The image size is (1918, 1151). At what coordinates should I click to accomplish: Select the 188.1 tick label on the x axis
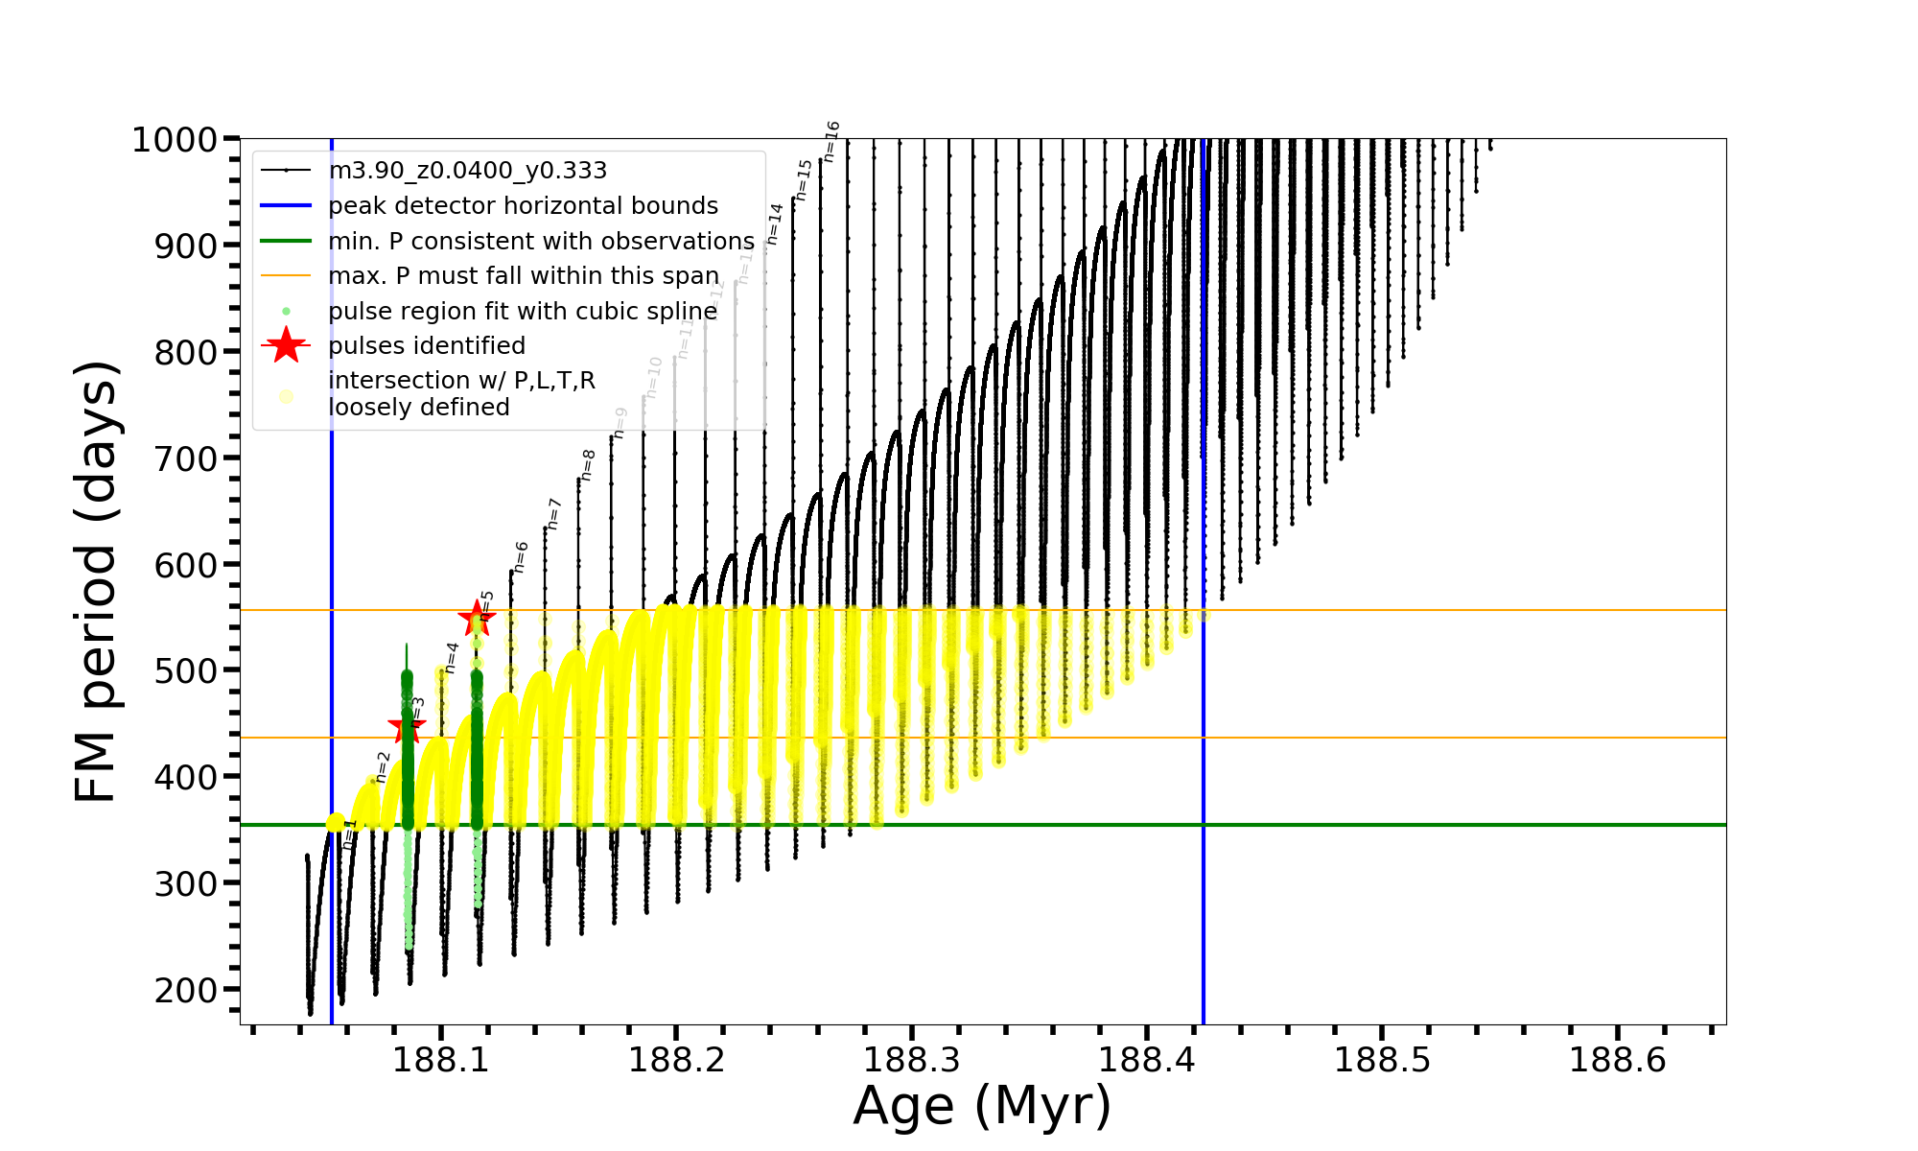click(440, 1060)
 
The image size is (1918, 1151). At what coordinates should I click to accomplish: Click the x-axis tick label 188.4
click(1146, 1060)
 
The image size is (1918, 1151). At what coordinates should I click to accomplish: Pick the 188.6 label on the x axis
click(1617, 1060)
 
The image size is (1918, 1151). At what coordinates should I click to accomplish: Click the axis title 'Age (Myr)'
click(982, 1106)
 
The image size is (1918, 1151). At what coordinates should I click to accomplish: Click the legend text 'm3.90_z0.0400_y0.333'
click(467, 171)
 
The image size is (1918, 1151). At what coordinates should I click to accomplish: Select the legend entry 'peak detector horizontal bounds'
click(523, 206)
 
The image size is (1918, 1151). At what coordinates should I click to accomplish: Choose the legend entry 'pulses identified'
click(427, 346)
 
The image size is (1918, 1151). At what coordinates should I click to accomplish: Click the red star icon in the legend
click(286, 345)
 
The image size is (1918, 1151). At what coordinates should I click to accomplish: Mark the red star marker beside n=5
click(477, 619)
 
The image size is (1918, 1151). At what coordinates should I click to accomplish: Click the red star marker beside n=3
click(407, 728)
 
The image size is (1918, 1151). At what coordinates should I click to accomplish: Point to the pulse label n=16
click(831, 142)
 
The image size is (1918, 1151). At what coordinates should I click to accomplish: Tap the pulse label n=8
click(588, 465)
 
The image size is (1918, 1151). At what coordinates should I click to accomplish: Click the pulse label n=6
click(521, 557)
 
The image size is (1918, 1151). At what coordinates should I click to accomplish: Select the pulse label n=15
click(804, 179)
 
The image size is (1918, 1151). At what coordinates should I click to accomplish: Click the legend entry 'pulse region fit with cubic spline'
click(523, 312)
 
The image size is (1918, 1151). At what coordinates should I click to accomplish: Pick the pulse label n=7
click(553, 514)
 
